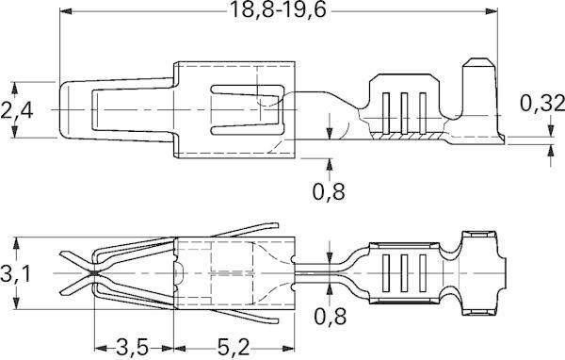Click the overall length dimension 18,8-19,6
(278, 10)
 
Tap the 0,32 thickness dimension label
(542, 104)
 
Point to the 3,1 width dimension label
(15, 274)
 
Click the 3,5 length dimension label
(132, 348)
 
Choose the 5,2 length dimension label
(234, 348)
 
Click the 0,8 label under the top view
(329, 191)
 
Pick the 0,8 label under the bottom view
(331, 317)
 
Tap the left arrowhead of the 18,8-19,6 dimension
(66, 11)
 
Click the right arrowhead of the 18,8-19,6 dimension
(491, 11)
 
